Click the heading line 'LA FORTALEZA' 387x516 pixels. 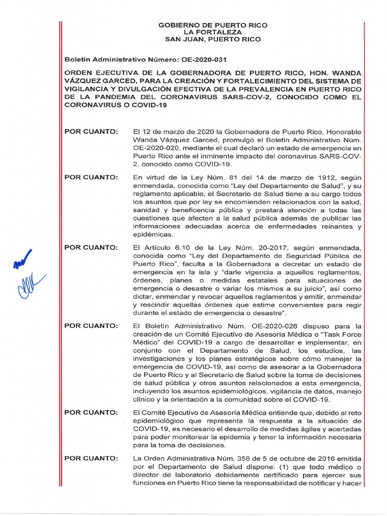[213, 32]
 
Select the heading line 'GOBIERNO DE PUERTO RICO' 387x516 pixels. [213, 25]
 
